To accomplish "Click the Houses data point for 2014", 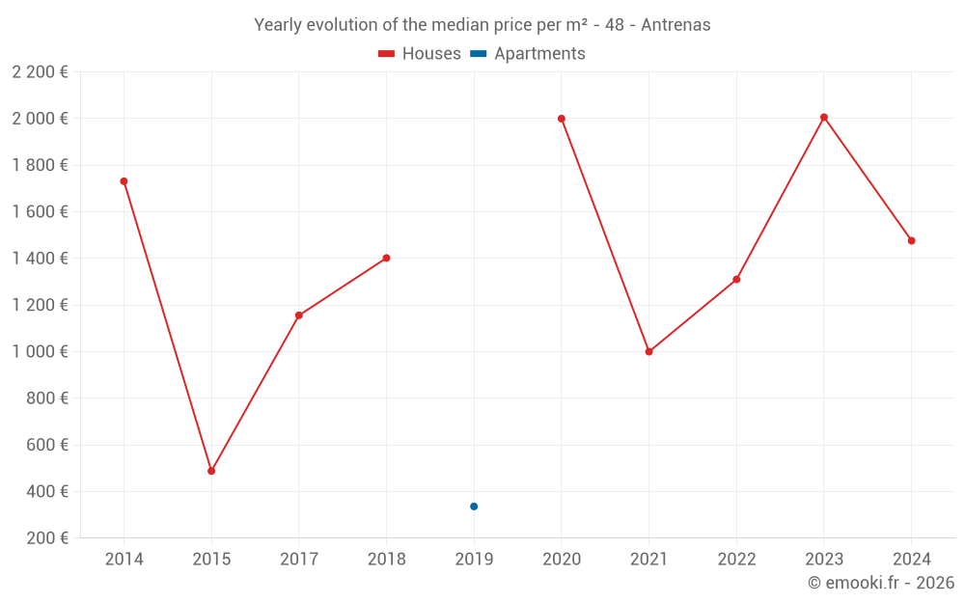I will coord(124,181).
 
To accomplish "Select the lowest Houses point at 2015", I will coord(211,471).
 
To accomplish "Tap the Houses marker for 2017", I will coord(299,315).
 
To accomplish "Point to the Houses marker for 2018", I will coord(386,258).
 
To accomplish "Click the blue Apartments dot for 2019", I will coord(474,507).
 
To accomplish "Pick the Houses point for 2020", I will coord(562,119).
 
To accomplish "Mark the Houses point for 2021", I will coord(648,352).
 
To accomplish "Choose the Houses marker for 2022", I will coord(736,280).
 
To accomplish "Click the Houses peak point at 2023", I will coord(824,118).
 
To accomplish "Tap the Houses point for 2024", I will coord(911,240).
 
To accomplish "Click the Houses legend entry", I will coord(419,54).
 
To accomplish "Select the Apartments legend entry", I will coord(528,54).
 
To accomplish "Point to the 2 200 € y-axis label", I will coord(41,72).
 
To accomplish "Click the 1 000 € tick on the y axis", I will coord(41,352).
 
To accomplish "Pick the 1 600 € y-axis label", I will coord(41,212).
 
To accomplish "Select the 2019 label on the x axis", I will coord(474,560).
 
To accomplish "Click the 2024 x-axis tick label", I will coord(911,560).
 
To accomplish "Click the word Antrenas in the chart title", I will coord(675,25).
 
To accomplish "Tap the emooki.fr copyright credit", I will coord(881,583).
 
